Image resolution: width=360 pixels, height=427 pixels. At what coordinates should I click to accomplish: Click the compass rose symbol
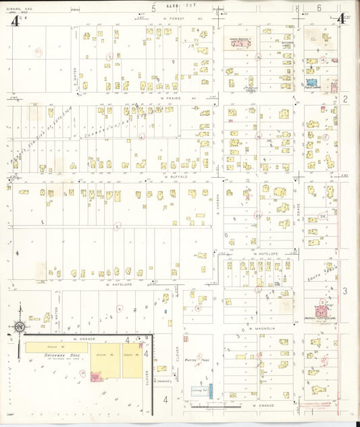point(20,327)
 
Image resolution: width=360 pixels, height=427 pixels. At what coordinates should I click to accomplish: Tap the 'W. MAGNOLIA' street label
point(258,328)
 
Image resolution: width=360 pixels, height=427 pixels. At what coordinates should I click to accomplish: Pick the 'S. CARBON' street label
point(218,202)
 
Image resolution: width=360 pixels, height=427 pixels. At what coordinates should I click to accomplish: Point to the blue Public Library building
point(312,85)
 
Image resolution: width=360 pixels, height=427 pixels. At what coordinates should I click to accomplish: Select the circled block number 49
point(39,51)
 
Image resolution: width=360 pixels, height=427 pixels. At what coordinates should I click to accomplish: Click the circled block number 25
point(257,215)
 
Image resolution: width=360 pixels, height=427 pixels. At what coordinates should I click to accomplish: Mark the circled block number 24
point(323,216)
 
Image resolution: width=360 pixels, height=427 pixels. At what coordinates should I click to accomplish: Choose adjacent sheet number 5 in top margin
point(153,8)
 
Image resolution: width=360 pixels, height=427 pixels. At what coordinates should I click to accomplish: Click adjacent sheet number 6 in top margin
point(319,8)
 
